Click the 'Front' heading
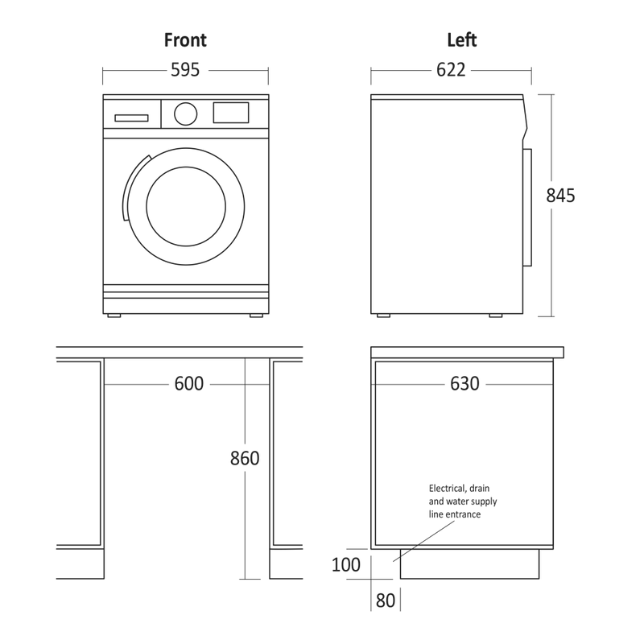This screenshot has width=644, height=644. pyautogui.click(x=185, y=40)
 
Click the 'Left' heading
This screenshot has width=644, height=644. pyautogui.click(x=461, y=40)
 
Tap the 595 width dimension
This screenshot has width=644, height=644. pyautogui.click(x=185, y=70)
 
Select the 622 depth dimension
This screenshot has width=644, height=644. pyautogui.click(x=451, y=70)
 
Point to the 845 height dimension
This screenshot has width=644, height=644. pyautogui.click(x=560, y=196)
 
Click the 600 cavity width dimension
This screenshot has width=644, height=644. pyautogui.click(x=189, y=384)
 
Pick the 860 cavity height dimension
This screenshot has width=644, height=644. pyautogui.click(x=245, y=458)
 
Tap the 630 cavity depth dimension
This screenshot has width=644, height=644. pyautogui.click(x=465, y=384)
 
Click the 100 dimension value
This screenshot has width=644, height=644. pyautogui.click(x=346, y=565)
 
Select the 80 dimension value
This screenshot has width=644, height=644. pyautogui.click(x=386, y=601)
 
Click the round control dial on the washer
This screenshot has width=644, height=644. pyautogui.click(x=186, y=114)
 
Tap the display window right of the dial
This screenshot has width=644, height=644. pyautogui.click(x=231, y=113)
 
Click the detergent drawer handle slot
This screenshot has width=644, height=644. pyautogui.click(x=131, y=118)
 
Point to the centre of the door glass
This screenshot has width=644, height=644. pyautogui.click(x=186, y=207)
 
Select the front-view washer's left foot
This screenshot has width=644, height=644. pyautogui.click(x=114, y=316)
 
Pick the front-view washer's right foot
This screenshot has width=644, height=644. pyautogui.click(x=256, y=316)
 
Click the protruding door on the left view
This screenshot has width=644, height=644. pyautogui.click(x=527, y=208)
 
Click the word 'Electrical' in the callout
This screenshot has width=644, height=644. pyautogui.click(x=448, y=489)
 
